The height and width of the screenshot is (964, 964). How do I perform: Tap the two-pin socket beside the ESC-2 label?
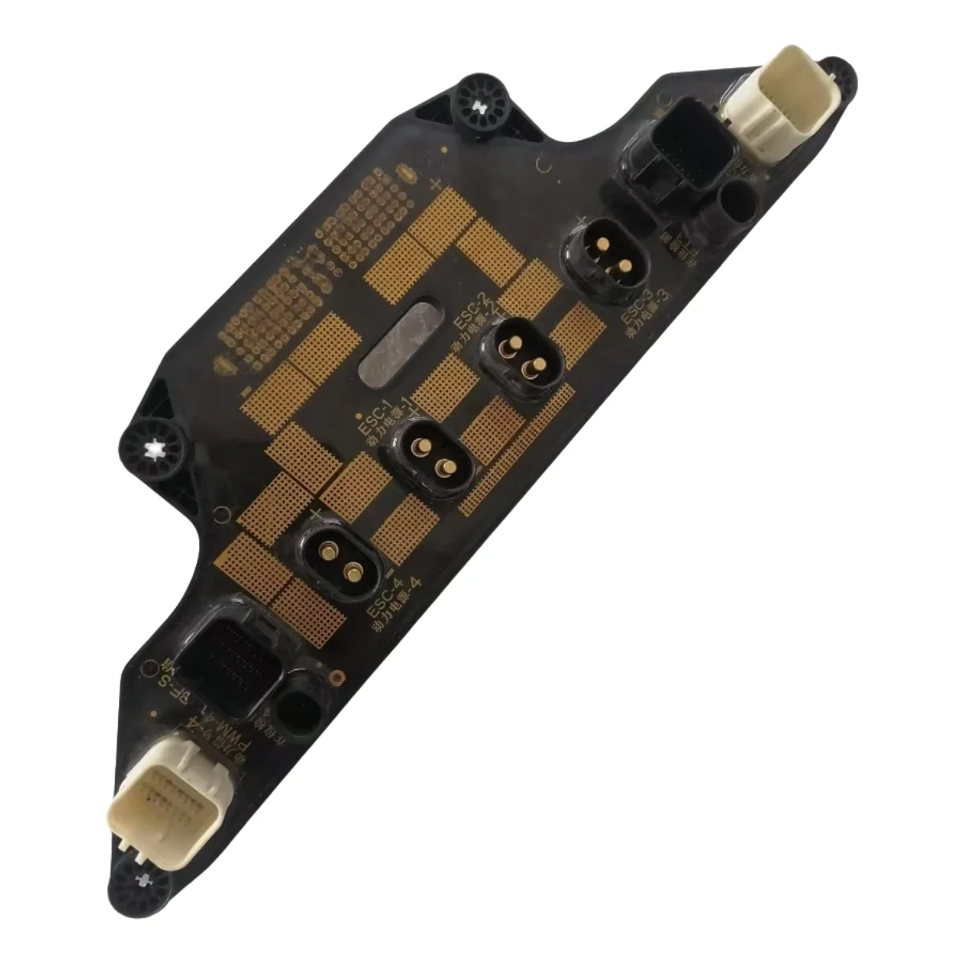click(518, 357)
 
